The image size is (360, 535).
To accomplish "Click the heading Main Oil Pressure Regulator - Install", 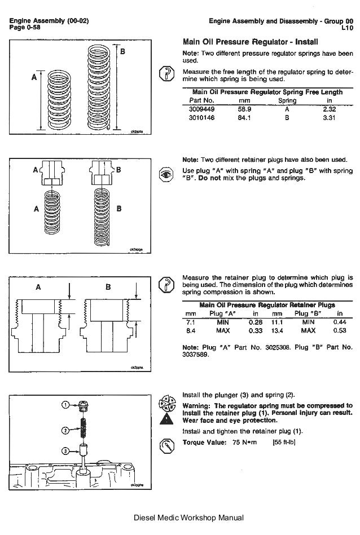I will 251,42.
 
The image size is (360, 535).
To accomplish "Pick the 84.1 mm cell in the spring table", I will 244,118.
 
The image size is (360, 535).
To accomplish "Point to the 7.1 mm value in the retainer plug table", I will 190,321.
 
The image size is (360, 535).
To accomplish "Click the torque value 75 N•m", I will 244,443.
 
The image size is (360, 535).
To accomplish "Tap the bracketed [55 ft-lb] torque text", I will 284,443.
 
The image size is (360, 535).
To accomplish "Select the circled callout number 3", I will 65,450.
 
